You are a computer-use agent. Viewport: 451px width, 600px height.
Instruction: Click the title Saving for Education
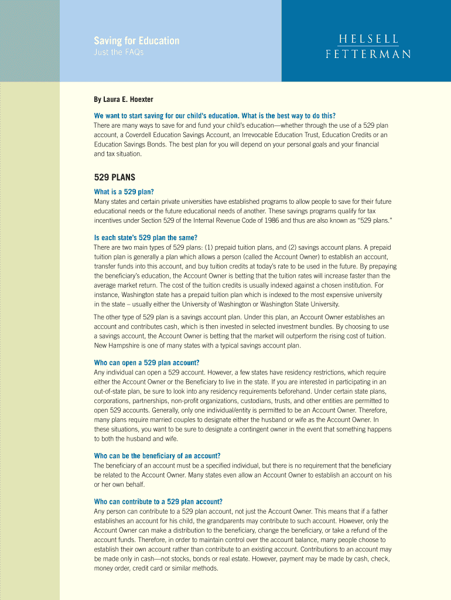coord(136,40)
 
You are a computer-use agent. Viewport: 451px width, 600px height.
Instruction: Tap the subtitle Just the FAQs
coord(119,53)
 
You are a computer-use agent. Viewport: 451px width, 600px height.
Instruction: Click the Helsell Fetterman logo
coord(368,46)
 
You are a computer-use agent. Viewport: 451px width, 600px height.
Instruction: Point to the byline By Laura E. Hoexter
coord(124,100)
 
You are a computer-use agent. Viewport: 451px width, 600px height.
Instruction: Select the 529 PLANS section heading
coord(115,178)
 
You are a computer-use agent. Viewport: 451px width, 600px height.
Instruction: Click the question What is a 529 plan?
coord(124,192)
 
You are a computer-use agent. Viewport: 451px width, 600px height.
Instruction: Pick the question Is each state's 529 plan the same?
coord(145,237)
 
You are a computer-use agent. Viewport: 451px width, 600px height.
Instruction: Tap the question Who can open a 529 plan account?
coord(146,363)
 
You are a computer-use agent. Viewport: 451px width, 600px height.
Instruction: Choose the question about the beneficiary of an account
coord(157,456)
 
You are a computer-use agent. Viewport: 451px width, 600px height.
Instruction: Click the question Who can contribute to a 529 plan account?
coord(158,502)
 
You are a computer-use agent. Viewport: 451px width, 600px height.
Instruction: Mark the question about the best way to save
coord(215,115)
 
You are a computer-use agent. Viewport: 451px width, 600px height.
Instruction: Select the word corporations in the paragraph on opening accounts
coord(113,401)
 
